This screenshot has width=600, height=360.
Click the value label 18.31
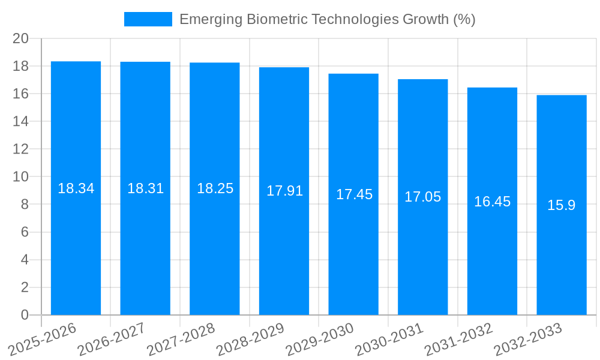coord(145,188)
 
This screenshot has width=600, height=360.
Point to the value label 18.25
coord(215,188)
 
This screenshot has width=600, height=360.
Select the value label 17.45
coord(354,194)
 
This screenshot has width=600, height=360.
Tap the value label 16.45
coord(492,202)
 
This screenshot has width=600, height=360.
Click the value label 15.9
coord(562,205)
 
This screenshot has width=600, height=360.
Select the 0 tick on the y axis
coord(25,315)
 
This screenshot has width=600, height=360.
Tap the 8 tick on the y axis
coord(25,205)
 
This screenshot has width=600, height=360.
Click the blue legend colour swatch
coord(148,19)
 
